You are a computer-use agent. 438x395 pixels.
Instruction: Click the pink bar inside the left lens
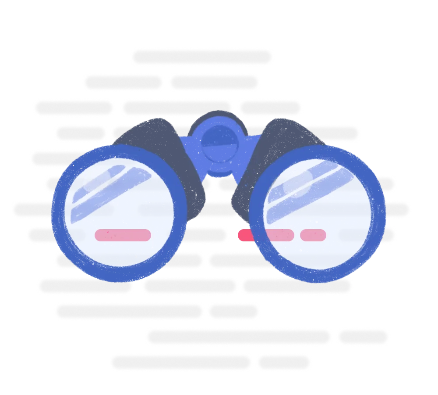coord(123,235)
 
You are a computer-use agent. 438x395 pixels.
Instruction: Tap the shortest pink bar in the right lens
coord(313,235)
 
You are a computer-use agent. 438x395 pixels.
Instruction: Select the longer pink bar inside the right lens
coord(279,235)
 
